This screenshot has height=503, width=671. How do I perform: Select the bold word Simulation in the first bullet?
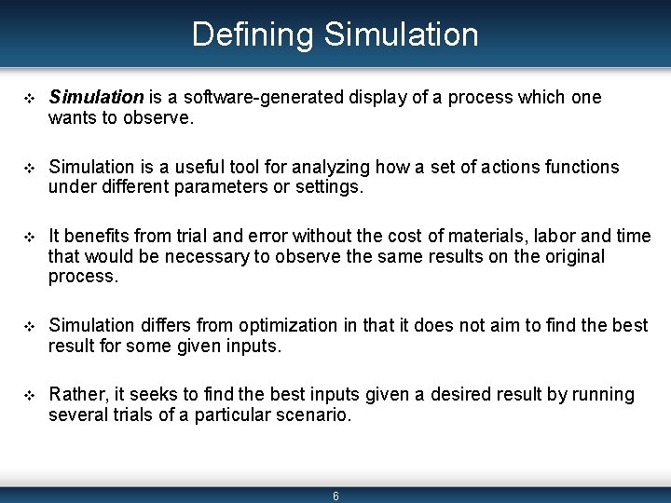pyautogui.click(x=96, y=97)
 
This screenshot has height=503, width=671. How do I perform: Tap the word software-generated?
pyautogui.click(x=244, y=97)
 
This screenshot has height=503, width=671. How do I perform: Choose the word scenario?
pyautogui.click(x=311, y=415)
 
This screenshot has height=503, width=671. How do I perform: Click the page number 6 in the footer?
pyautogui.click(x=335, y=496)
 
